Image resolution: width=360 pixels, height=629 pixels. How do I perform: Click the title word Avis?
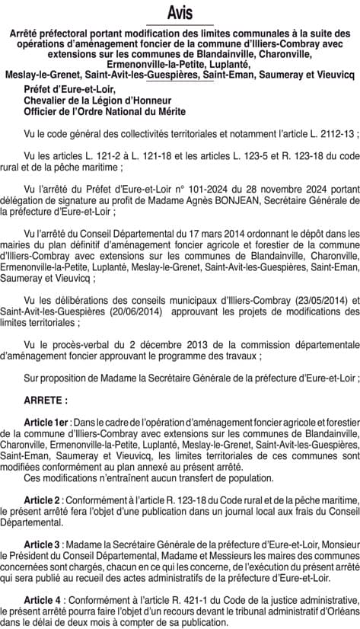pos(180,14)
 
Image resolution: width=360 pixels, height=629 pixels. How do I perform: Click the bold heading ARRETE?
pos(44,398)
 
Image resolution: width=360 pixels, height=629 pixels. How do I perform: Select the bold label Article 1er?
pos(47,421)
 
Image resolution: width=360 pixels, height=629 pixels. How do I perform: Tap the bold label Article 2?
pos(43,499)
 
